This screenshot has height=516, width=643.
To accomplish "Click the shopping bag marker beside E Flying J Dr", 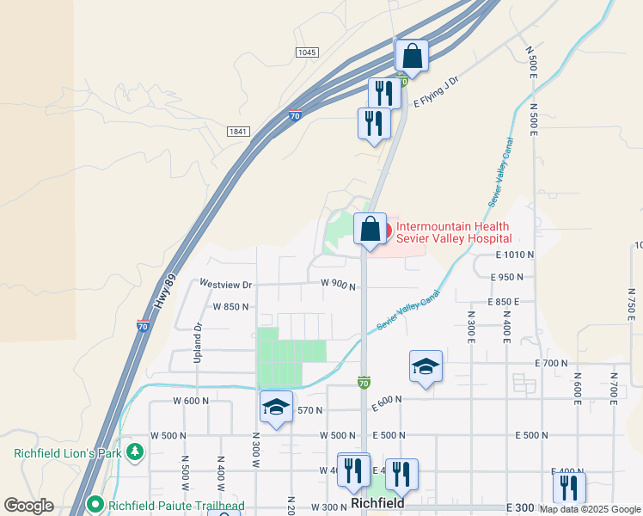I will point(412,57).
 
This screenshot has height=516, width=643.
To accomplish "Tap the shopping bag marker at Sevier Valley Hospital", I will point(370,230).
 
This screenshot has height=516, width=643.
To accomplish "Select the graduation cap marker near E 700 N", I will point(426,367).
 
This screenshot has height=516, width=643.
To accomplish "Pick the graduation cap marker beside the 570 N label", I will point(277,408).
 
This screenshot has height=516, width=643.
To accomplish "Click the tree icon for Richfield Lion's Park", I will point(134,452).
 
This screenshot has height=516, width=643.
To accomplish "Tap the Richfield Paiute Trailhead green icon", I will point(95,505).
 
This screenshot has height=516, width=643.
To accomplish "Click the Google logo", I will point(28,506).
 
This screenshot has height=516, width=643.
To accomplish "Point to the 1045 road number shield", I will point(307,52).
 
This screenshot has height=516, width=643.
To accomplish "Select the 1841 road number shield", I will point(238,132).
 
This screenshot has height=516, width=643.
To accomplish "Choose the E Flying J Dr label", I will point(437,92).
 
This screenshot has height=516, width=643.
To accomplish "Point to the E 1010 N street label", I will point(515,255).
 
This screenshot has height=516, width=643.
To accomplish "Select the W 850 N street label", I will point(230,306).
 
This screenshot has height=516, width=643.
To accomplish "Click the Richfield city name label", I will point(378,503).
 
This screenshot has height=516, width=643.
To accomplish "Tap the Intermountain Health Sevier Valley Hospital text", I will point(454,232).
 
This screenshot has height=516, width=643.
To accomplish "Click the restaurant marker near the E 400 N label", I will point(569,488).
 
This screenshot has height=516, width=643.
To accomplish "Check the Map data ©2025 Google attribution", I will point(590,509).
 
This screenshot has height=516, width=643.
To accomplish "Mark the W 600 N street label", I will point(192,401).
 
